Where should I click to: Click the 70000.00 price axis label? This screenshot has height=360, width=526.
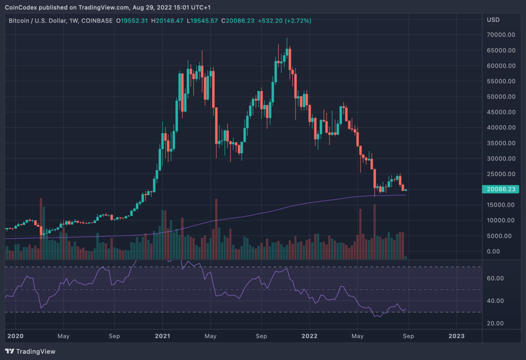tap(501, 35)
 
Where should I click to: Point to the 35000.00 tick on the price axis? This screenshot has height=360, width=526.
tap(501, 143)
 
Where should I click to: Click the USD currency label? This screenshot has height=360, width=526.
tap(493, 20)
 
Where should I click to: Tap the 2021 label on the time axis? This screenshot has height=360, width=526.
tap(163, 336)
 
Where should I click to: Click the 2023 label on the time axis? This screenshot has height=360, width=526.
tap(457, 336)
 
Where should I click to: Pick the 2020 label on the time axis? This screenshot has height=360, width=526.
tap(15, 336)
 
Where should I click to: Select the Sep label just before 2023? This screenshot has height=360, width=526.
tap(408, 336)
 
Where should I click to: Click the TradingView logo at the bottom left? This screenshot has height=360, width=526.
tap(30, 351)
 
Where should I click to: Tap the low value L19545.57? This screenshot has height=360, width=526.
tap(202, 21)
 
